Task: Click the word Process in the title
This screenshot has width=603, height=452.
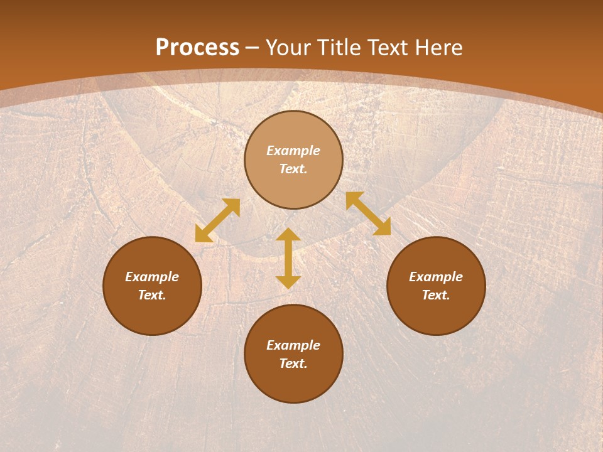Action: [197, 48]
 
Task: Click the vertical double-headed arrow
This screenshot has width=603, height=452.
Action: [288, 258]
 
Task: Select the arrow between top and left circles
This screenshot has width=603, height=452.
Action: [217, 220]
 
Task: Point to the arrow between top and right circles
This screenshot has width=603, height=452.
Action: [368, 213]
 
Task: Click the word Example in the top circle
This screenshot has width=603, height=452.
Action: [293, 151]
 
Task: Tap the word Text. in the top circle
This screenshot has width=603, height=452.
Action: [293, 169]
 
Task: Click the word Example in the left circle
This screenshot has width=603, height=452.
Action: [152, 277]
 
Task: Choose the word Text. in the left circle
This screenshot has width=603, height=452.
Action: [152, 295]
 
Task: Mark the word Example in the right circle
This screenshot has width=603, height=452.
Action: [436, 277]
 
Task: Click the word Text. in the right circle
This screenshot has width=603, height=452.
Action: [436, 295]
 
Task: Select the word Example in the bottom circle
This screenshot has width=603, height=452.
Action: [293, 345]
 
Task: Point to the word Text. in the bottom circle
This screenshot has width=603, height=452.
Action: [293, 363]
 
